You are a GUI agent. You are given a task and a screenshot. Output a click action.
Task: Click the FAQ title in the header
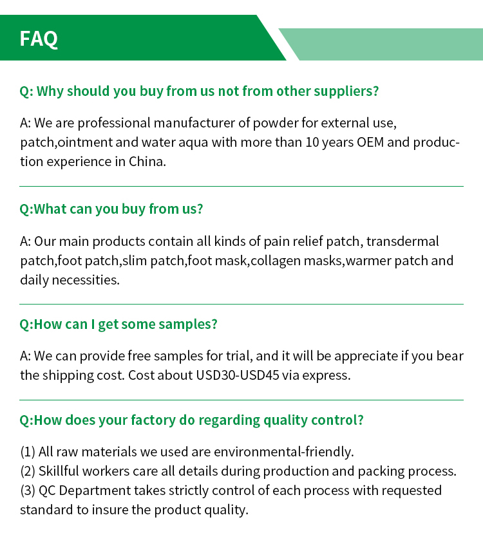[39, 39]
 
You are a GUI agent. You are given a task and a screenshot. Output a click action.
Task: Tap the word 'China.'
[147, 162]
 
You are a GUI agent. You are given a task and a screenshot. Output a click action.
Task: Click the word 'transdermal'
[404, 241]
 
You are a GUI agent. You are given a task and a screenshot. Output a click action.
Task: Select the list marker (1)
[28, 452]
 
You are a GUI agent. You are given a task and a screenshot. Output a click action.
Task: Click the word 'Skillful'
[60, 471]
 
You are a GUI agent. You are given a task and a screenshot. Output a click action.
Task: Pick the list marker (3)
[28, 491]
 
